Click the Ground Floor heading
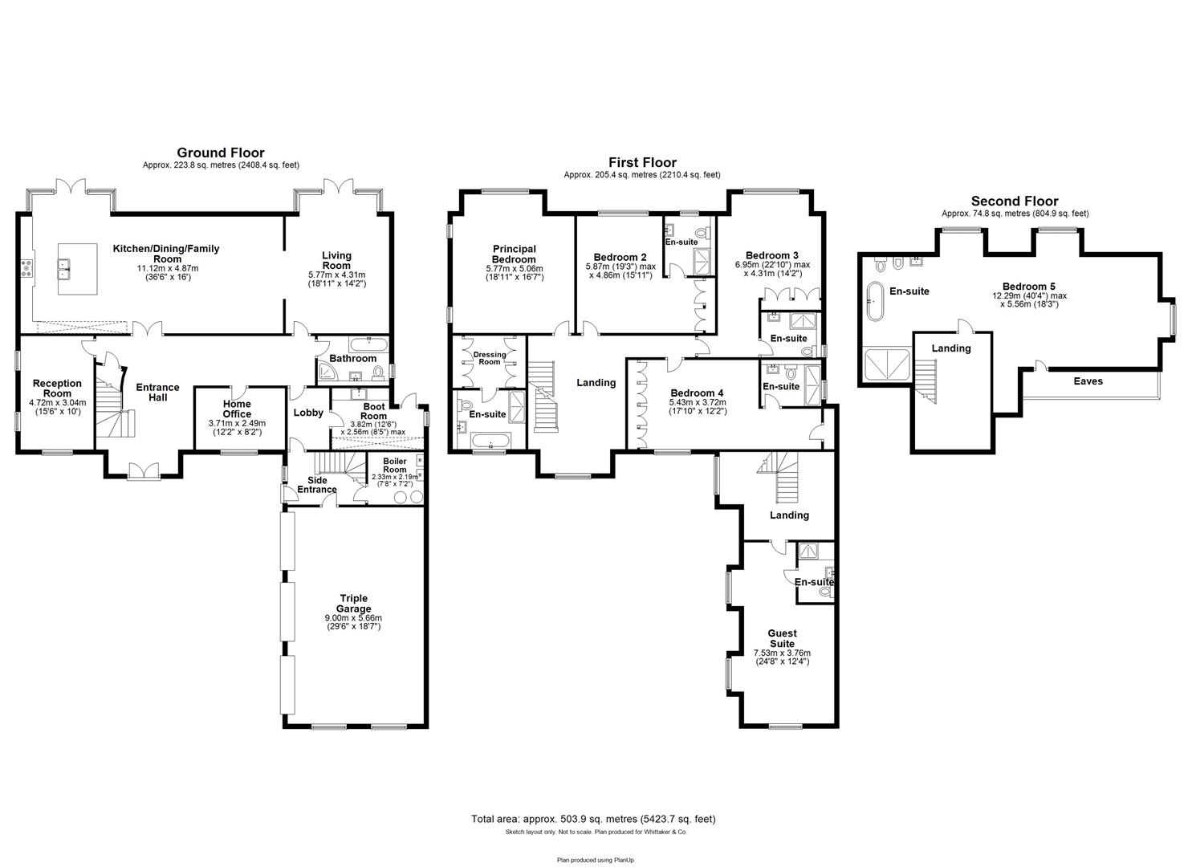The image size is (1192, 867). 220,153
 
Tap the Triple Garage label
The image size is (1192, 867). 353,604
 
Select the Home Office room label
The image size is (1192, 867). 236,409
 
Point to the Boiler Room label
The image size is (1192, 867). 394,465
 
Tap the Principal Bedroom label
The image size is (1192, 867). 514,254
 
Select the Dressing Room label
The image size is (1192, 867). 490,358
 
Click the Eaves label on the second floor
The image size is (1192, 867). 1088,381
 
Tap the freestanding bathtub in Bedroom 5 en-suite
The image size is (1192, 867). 874,301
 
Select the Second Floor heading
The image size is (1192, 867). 1015,201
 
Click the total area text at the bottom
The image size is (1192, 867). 593,819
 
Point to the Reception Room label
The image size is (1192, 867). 56,389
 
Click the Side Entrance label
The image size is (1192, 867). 317,485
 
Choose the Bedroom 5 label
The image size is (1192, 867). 1028,286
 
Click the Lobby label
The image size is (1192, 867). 308,413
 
